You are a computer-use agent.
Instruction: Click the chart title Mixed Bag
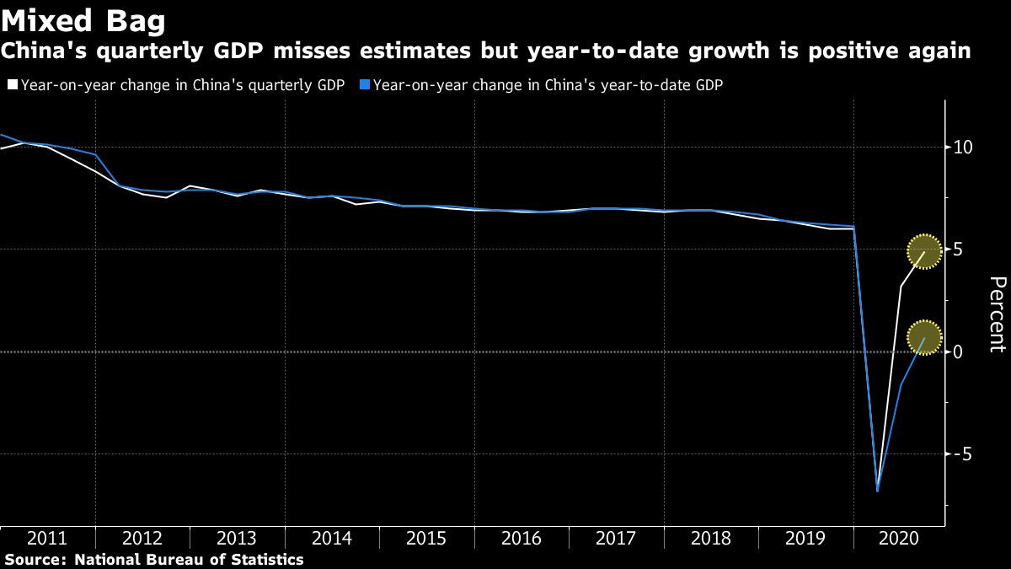click(x=83, y=19)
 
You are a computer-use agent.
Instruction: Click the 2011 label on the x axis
click(x=47, y=538)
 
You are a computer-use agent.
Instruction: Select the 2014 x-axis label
click(x=332, y=538)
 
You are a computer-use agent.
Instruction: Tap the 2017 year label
click(x=616, y=538)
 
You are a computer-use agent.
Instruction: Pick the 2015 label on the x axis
click(x=426, y=538)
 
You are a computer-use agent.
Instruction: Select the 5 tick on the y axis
click(x=958, y=250)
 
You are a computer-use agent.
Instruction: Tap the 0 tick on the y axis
click(x=958, y=352)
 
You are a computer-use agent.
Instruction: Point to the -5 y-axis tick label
click(x=961, y=454)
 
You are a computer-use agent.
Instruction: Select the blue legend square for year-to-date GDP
click(x=364, y=84)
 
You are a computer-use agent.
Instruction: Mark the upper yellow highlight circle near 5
click(x=924, y=251)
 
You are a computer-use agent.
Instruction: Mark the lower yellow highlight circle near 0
click(x=924, y=338)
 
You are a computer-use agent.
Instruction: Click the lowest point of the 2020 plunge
click(x=878, y=491)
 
